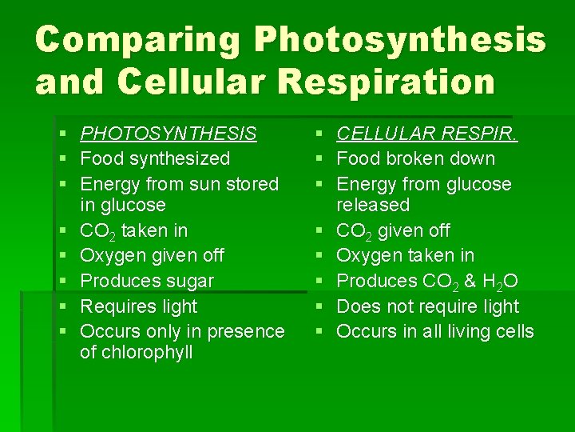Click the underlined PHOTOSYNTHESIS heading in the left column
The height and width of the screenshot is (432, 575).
pyautogui.click(x=169, y=134)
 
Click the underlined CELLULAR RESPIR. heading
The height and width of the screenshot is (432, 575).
pyautogui.click(x=427, y=134)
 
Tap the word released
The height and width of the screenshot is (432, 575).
pyautogui.click(x=373, y=206)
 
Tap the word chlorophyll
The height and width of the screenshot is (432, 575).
pyautogui.click(x=137, y=353)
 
